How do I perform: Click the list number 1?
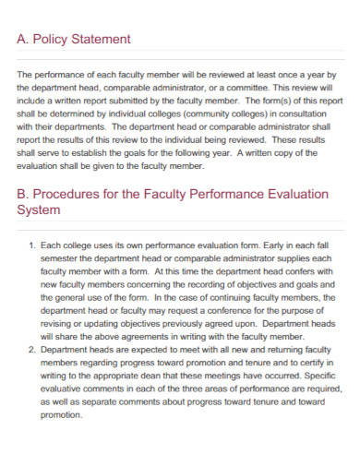click(32, 246)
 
